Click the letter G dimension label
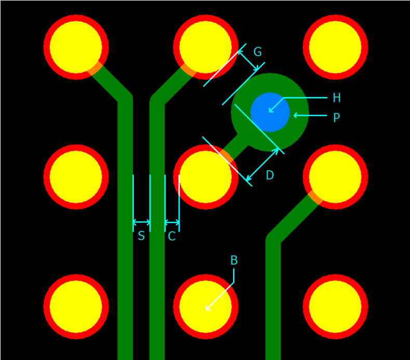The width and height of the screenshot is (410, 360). [257, 52]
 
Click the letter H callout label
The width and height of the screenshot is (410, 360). [336, 98]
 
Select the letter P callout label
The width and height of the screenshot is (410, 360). [336, 118]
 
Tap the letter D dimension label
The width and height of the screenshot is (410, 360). [269, 175]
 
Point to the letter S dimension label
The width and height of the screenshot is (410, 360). [141, 237]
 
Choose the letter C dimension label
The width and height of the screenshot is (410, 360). [172, 237]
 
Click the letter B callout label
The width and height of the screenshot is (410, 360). [234, 260]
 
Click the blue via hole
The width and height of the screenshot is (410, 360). [270, 112]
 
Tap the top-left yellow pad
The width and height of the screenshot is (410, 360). [76, 47]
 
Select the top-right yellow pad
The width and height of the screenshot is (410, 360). [335, 47]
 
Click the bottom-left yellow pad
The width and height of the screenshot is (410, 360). [76, 307]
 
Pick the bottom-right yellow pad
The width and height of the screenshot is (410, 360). [335, 307]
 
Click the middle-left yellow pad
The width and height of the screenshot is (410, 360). [76, 177]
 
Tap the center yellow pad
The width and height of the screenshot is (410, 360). [206, 177]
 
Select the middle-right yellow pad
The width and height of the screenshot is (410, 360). [335, 177]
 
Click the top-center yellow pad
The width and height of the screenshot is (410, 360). [206, 47]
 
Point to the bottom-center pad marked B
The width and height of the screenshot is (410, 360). [206, 307]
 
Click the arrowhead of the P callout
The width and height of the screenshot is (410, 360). [295, 115]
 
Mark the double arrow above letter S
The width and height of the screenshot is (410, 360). [142, 223]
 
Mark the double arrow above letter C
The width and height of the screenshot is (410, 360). [172, 223]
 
